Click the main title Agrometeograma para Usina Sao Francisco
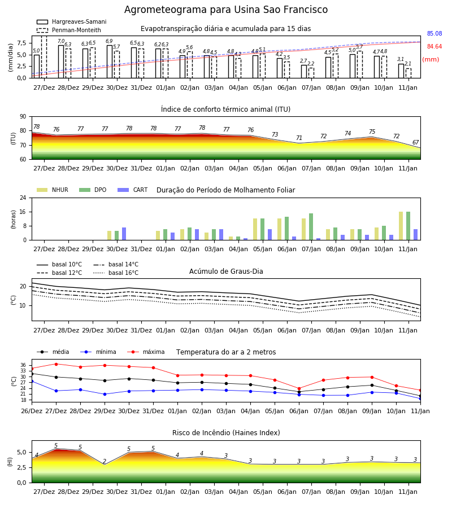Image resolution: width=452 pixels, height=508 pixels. pyautogui.click(x=226, y=10)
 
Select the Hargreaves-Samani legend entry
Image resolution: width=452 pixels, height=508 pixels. pyautogui.click(x=72, y=21)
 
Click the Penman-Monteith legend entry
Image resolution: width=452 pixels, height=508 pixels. pyautogui.click(x=69, y=30)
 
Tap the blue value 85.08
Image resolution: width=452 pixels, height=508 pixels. pyautogui.click(x=434, y=33)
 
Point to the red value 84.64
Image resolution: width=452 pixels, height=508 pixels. pyautogui.click(x=434, y=46)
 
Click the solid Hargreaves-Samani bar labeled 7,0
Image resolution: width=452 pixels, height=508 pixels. pyautogui.click(x=61, y=62)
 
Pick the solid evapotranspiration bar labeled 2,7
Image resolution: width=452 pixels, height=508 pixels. pyautogui.click(x=304, y=72)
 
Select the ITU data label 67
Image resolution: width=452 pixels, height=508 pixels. pyautogui.click(x=415, y=142)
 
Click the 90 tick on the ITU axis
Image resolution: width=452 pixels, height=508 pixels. pyautogui.click(x=23, y=117)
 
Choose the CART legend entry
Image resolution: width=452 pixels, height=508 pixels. pyautogui.click(x=133, y=190)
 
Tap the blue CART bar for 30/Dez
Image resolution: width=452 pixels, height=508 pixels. pyautogui.click(x=124, y=234)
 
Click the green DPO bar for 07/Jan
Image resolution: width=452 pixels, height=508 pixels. pyautogui.click(x=311, y=227)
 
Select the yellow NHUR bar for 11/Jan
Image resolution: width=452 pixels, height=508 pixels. pyautogui.click(x=401, y=226)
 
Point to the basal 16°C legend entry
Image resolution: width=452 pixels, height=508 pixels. pyautogui.click(x=116, y=273)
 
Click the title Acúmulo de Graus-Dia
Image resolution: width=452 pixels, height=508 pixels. pyautogui.click(x=226, y=271)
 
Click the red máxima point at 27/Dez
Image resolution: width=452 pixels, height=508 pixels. pyautogui.click(x=56, y=364)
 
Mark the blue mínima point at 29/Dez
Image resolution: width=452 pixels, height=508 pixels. pyautogui.click(x=105, y=395)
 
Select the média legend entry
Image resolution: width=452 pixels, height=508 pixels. pyautogui.click(x=53, y=352)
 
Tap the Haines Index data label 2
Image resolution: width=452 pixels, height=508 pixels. pyautogui.click(x=105, y=461)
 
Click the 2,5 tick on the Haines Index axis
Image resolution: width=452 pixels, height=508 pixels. pyautogui.click(x=21, y=467)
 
